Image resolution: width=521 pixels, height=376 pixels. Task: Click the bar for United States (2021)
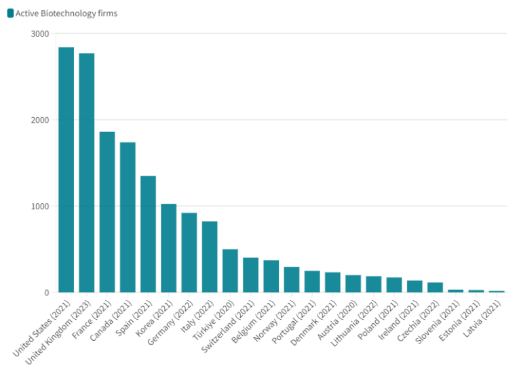click(x=66, y=169)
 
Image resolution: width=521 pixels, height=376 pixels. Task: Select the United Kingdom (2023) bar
click(x=87, y=173)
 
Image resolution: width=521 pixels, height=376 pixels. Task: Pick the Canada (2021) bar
click(x=128, y=217)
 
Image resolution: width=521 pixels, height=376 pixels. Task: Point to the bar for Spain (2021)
click(x=148, y=234)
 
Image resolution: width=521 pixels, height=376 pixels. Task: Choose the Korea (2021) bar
click(x=169, y=248)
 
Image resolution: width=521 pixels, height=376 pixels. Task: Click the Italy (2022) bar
click(x=210, y=257)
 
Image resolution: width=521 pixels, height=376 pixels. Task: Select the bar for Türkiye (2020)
click(x=230, y=271)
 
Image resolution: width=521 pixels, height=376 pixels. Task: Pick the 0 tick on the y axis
click(x=46, y=293)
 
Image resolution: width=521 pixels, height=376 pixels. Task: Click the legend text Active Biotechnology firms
click(x=66, y=14)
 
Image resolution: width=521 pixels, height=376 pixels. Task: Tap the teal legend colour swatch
click(x=10, y=14)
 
